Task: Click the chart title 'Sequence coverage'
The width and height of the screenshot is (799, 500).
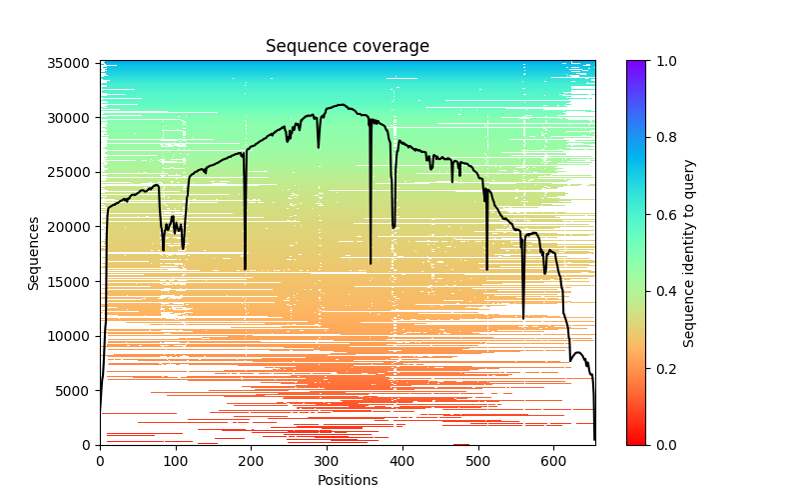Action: click(347, 47)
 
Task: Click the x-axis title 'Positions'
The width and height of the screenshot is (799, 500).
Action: click(347, 480)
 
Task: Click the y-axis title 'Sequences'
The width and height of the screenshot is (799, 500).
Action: click(34, 253)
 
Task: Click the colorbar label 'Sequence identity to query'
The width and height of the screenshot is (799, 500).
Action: click(689, 253)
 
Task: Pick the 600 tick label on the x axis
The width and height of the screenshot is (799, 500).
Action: click(553, 461)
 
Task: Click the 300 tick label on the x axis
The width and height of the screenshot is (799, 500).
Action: click(327, 461)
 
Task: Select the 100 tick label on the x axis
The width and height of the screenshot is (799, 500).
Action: click(176, 461)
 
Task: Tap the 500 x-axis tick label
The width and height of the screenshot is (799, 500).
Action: click(477, 461)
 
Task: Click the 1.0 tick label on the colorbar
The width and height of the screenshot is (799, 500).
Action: click(665, 61)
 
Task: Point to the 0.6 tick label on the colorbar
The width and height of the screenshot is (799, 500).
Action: click(665, 215)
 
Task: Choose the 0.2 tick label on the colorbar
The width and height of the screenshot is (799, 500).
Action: click(665, 368)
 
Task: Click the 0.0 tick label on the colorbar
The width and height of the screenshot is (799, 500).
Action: click(665, 445)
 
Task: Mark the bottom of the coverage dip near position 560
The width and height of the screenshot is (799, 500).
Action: click(523, 318)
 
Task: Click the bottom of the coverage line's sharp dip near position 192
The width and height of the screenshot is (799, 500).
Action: click(245, 269)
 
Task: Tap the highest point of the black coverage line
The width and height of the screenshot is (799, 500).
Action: click(342, 104)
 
